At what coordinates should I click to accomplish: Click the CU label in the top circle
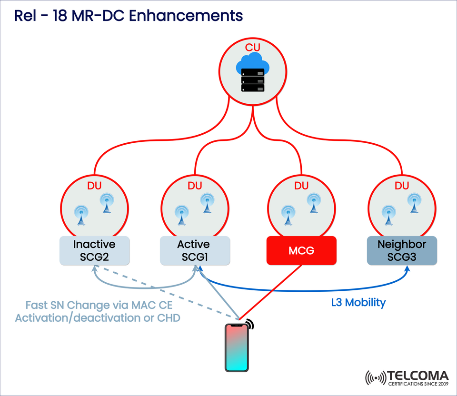click(x=253, y=48)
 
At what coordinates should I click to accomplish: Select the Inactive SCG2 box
click(x=94, y=251)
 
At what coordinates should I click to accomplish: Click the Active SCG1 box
click(x=194, y=251)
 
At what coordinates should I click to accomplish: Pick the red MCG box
click(x=302, y=250)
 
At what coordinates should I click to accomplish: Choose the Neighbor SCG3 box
click(x=402, y=251)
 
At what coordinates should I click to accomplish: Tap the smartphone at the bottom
click(x=237, y=347)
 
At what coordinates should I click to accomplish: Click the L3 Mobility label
click(x=358, y=302)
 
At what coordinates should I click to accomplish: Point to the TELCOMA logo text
click(x=417, y=376)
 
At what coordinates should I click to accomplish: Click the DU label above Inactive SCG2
click(x=94, y=185)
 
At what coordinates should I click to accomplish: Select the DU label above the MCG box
click(x=301, y=185)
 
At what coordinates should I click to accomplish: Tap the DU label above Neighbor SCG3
click(x=402, y=185)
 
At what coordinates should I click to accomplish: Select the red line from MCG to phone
click(x=271, y=292)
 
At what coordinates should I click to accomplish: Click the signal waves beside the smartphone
click(x=250, y=324)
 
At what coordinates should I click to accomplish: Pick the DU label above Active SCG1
click(x=194, y=185)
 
